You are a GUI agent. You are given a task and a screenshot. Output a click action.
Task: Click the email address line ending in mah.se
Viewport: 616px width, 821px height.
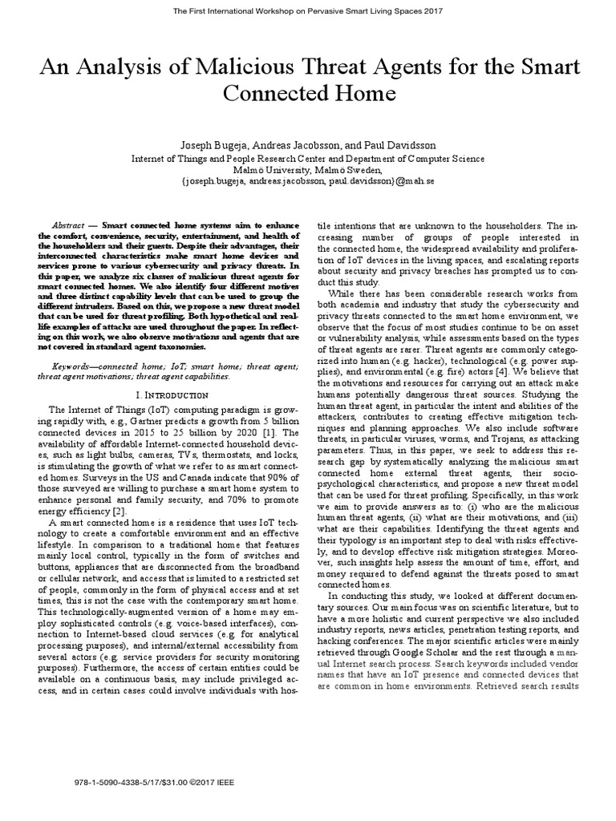click(308, 182)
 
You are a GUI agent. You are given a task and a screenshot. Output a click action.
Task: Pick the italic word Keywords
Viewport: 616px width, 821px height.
click(71, 366)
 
